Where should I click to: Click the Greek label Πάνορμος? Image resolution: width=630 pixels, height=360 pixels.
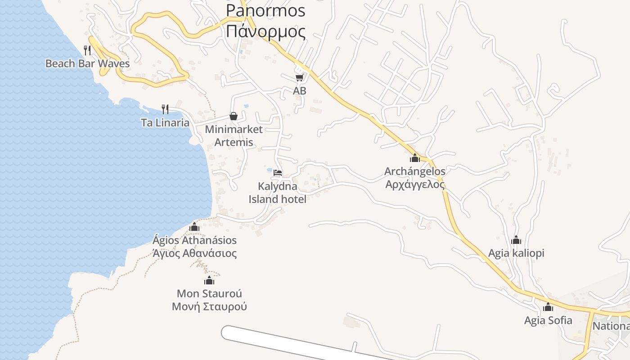265,32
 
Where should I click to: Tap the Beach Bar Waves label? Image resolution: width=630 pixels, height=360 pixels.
87,63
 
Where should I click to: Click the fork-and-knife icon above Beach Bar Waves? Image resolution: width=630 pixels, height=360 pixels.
87,50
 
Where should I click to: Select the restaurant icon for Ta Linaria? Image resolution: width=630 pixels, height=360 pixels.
165,109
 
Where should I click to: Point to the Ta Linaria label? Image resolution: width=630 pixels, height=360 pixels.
165,122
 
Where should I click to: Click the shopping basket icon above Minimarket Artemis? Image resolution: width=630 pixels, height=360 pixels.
234,116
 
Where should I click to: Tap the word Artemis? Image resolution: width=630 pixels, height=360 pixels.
234,143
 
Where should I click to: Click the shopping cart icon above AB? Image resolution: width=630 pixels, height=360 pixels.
299,77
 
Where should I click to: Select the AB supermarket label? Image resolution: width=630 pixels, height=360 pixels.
299,91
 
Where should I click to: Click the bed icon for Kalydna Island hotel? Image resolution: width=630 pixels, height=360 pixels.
278,172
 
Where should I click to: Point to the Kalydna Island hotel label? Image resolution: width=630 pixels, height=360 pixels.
278,193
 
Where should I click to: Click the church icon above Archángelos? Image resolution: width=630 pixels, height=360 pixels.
414,158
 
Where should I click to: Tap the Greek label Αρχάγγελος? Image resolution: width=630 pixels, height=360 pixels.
415,184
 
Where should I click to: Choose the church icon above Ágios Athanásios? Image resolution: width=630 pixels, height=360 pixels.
194,227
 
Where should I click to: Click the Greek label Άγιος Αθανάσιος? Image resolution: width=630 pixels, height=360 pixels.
194,253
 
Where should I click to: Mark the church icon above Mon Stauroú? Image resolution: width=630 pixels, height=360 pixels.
209,281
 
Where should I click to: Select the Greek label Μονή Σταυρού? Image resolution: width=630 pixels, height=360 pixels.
209,307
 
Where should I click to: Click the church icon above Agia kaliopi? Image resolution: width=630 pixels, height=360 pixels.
516,240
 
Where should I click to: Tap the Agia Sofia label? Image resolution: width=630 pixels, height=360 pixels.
548,320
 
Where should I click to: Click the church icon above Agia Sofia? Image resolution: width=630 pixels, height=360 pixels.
548,307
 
